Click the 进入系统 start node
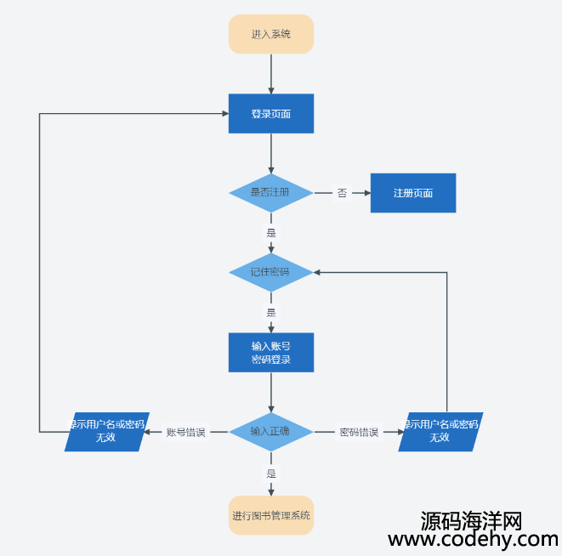click(x=271, y=34)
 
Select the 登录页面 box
click(x=271, y=114)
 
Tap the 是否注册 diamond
click(x=271, y=193)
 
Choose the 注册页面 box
click(x=413, y=193)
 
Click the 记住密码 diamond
click(x=271, y=272)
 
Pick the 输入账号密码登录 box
click(x=271, y=352)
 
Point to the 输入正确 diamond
click(x=271, y=431)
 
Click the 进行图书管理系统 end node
click(x=271, y=515)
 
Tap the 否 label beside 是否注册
click(x=342, y=193)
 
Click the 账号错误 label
click(x=185, y=432)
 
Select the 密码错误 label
click(x=359, y=432)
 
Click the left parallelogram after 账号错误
click(x=106, y=431)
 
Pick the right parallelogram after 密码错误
click(x=440, y=431)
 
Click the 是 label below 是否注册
click(x=271, y=232)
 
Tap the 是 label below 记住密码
click(x=271, y=312)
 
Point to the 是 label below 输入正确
click(x=271, y=473)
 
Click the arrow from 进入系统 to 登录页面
click(x=271, y=74)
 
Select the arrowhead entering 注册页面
click(x=366, y=193)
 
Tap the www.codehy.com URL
click(x=473, y=539)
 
